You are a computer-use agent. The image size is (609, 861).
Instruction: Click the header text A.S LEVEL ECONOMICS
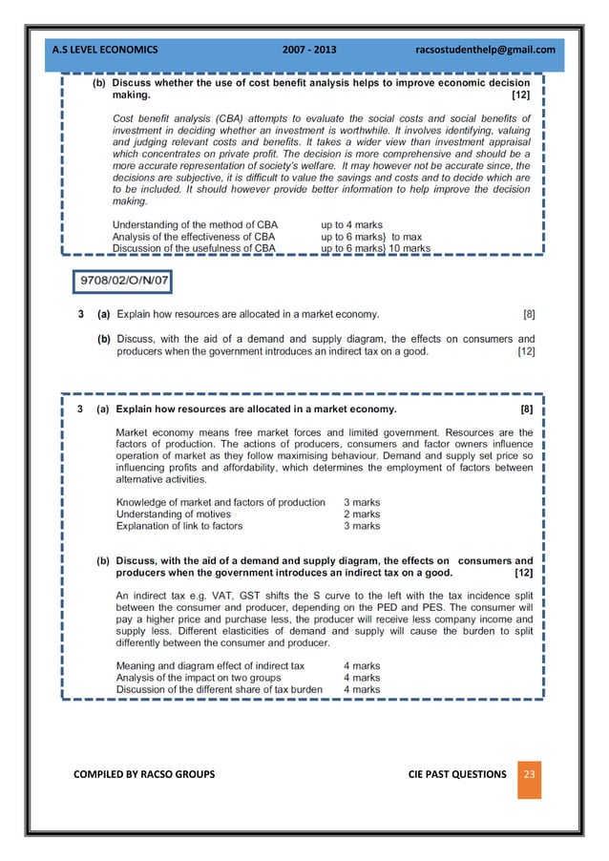coord(106,49)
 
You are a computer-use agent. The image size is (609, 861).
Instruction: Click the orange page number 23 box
coord(529,774)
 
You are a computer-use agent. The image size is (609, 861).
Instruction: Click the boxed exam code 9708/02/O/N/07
coord(123,283)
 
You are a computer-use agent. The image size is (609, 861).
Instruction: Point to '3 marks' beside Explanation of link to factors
coord(362,525)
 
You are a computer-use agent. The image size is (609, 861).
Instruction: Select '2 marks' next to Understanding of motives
coord(362,514)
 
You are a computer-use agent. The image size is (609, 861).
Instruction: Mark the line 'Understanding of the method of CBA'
coord(195,225)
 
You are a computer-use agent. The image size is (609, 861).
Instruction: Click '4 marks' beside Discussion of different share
coord(362,688)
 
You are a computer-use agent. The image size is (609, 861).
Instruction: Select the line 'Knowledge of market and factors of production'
coord(220,502)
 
